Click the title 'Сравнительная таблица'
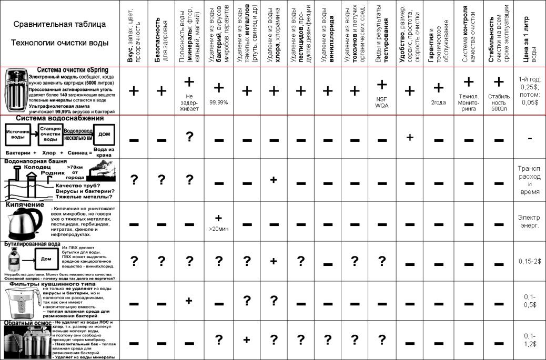point(59,24)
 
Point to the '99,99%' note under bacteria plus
point(218,102)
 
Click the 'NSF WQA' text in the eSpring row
point(382,101)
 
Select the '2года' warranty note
point(438,102)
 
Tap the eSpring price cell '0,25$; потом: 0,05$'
point(529,91)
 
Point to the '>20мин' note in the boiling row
point(218,230)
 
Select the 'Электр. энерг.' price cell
point(529,222)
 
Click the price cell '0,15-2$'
point(529,261)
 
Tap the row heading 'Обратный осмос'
point(28,322)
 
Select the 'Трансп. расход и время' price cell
point(529,180)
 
